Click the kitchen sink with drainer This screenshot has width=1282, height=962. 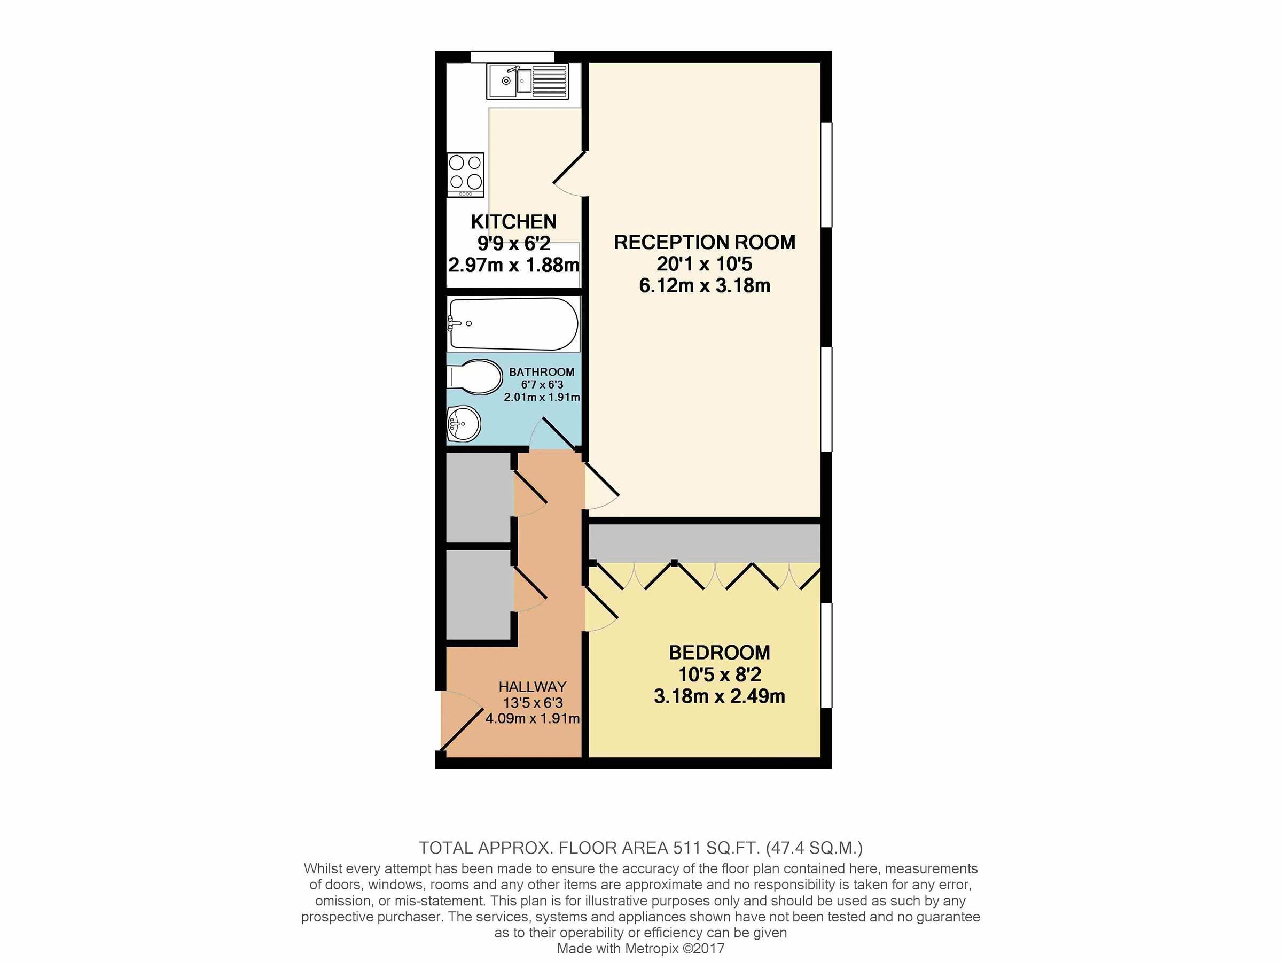point(527,81)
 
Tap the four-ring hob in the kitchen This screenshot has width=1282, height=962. point(465,174)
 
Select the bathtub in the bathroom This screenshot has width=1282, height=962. point(513,323)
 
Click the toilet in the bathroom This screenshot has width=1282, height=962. point(474,377)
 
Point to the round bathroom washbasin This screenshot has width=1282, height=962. point(464,423)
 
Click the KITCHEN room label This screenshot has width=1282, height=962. point(513,221)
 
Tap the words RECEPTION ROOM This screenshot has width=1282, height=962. point(704,242)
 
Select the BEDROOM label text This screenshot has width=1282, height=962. point(719,653)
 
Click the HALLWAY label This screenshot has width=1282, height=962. point(532,687)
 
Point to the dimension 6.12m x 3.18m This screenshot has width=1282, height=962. point(704,285)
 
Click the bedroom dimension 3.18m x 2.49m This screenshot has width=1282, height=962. point(719,696)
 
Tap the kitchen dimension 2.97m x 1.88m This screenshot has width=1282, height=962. point(513,265)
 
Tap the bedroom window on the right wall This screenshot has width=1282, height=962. point(826,655)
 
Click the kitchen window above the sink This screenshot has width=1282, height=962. point(512,56)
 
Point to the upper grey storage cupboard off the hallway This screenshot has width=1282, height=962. point(478,498)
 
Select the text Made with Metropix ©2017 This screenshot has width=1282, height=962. point(640,948)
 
